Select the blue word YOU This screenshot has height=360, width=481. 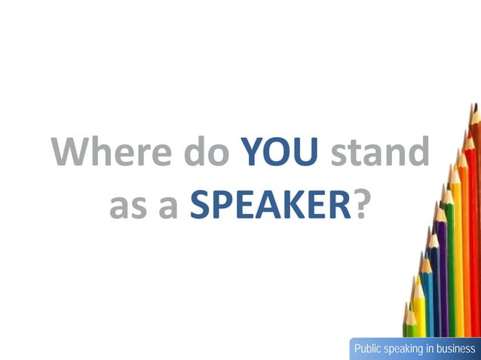point(278,152)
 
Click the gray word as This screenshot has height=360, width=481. point(128,205)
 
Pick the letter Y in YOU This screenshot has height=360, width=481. point(254,152)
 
